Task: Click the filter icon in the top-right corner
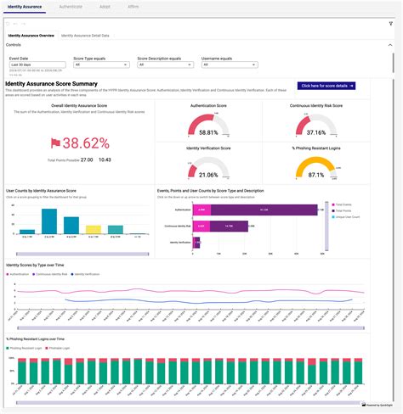tap(391, 24)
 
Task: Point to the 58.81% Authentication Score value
tap(208, 132)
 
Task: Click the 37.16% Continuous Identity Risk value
tap(315, 132)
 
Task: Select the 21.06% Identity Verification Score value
tap(208, 175)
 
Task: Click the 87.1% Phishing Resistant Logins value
tap(315, 175)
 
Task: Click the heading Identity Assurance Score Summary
tap(51, 84)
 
